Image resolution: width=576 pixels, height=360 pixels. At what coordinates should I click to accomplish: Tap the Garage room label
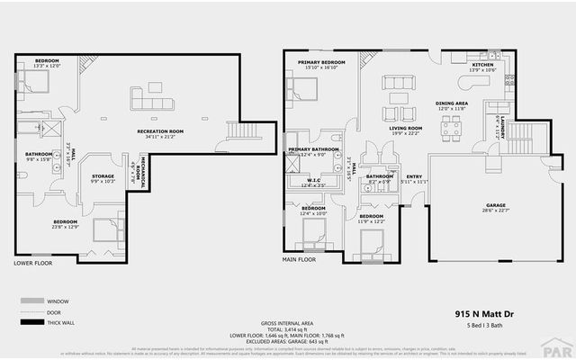490,205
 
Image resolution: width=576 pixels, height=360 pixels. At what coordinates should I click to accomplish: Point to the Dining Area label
451,103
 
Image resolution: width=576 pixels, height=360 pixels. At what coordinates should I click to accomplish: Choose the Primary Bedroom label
322,63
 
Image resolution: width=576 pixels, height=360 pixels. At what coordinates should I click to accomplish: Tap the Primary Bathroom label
313,148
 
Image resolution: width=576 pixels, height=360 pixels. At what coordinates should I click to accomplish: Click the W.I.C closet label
313,180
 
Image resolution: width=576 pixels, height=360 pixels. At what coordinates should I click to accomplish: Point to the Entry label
414,177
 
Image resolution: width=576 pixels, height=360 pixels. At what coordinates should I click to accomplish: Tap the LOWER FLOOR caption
32,264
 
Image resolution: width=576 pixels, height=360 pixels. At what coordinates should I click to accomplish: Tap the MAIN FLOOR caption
299,259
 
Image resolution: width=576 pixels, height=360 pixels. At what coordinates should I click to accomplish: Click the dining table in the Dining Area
451,127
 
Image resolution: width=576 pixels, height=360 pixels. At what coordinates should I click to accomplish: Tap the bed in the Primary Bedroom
303,88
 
